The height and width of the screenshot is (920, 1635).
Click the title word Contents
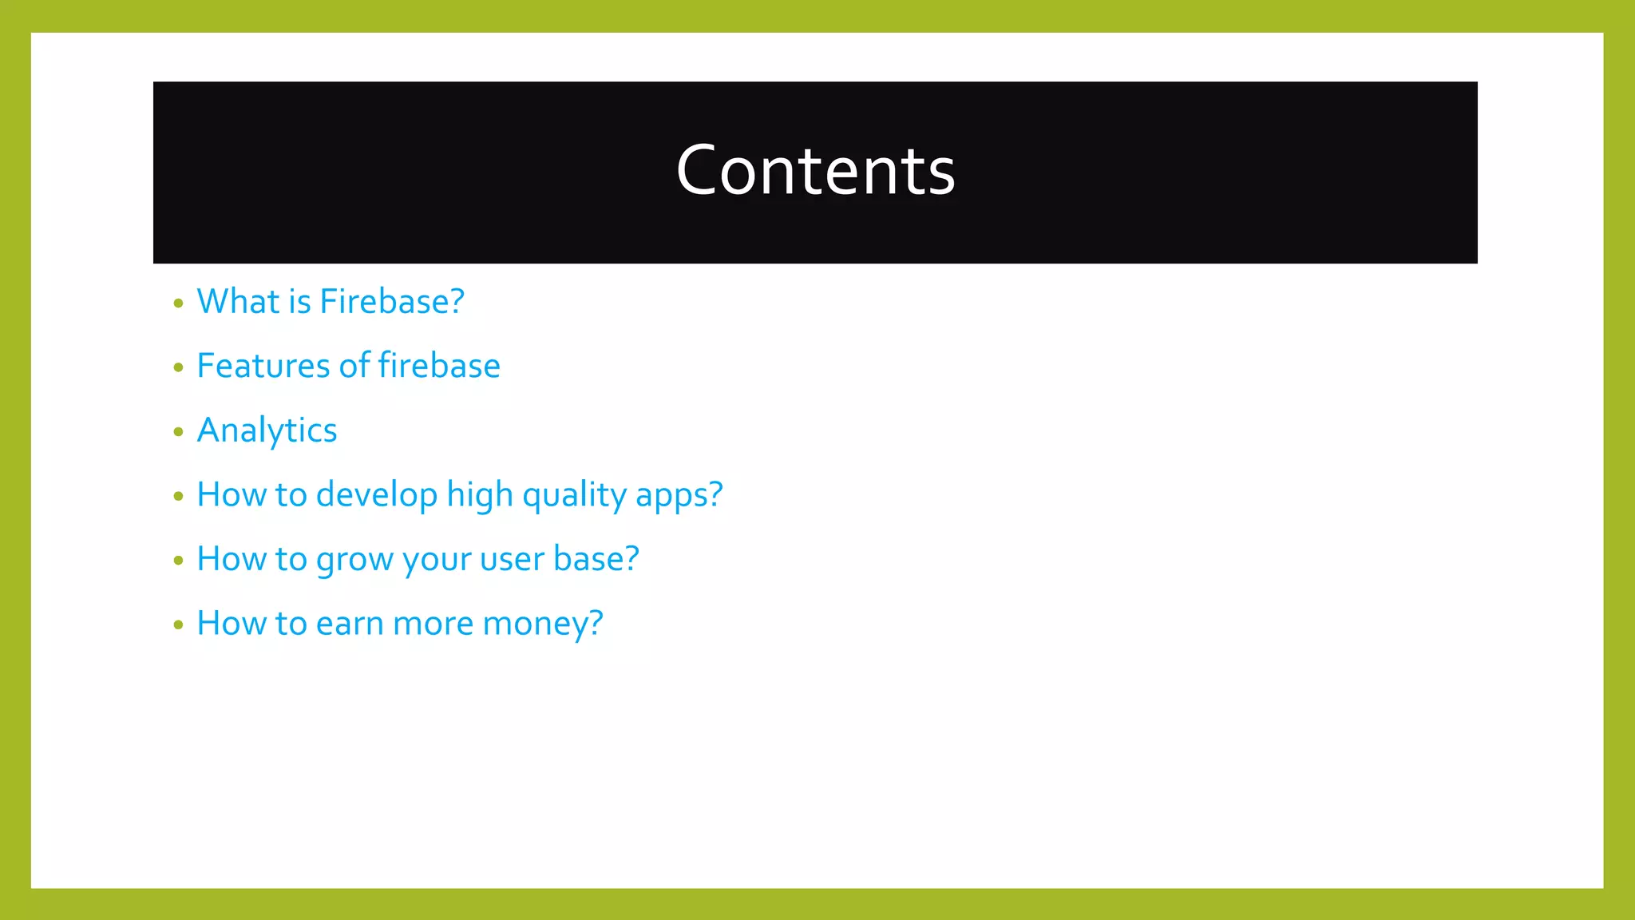(815, 171)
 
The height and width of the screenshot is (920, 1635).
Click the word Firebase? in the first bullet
(392, 302)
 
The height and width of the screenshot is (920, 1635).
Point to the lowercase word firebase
(439, 366)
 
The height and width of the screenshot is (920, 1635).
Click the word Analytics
(267, 430)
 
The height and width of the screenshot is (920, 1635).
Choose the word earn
(350, 624)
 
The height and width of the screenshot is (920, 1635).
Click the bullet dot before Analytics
(178, 432)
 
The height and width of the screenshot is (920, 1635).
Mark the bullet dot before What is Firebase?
(178, 303)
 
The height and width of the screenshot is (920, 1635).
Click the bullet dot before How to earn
(178, 625)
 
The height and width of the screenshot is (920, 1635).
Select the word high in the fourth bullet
(479, 495)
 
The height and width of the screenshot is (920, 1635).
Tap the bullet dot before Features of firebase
(178, 367)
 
